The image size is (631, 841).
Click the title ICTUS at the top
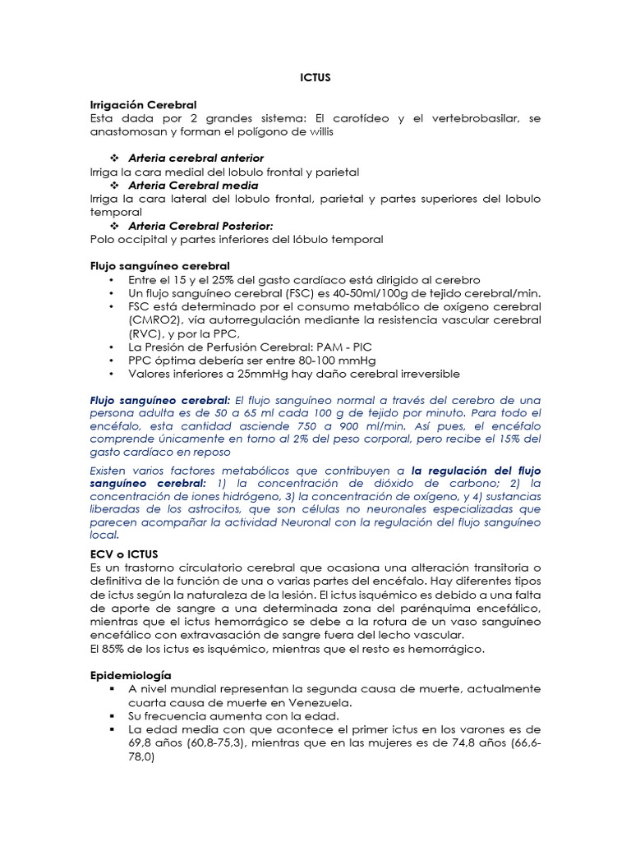(x=315, y=78)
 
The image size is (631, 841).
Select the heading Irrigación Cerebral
(x=143, y=105)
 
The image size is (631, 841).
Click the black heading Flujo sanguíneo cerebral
(x=159, y=266)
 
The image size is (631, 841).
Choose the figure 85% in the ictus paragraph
(x=114, y=650)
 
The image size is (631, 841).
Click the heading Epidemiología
(x=130, y=675)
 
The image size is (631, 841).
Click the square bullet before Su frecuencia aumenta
(x=111, y=716)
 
